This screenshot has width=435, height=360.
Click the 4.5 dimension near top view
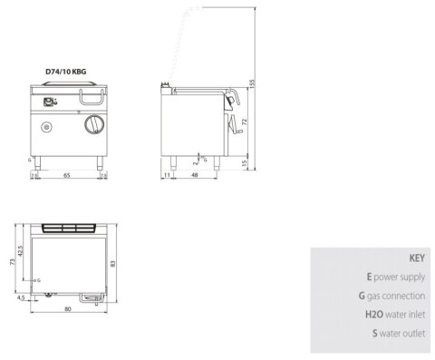[20, 296]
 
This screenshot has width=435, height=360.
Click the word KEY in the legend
[416, 257]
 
